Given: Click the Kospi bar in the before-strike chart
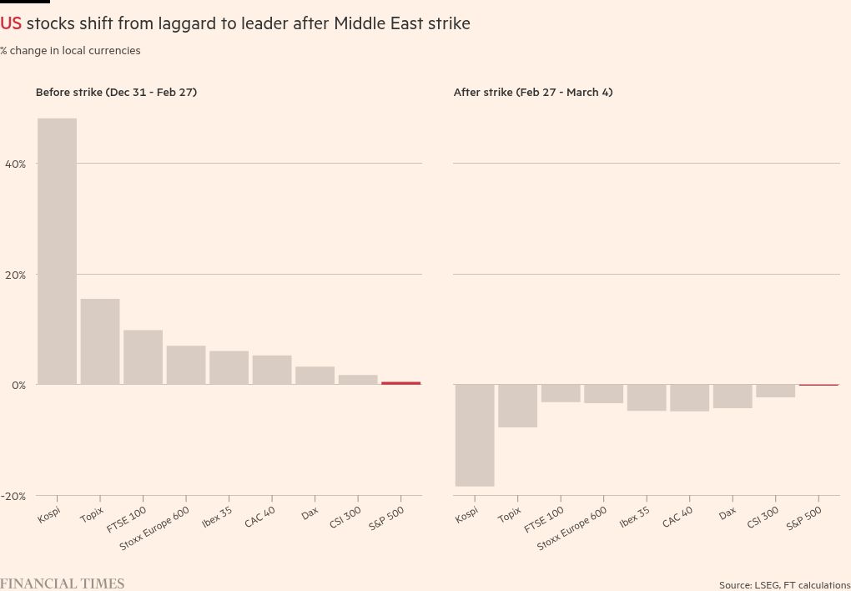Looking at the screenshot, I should click(x=57, y=250).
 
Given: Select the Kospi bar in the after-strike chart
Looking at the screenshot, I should click(x=475, y=435).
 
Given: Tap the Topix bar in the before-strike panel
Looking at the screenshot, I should click(x=100, y=341).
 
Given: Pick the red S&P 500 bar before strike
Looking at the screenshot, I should click(x=401, y=383).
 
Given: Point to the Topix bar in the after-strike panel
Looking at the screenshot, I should click(x=517, y=406).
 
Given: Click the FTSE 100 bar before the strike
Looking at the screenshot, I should click(x=143, y=357).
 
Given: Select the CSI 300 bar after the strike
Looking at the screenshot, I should click(x=775, y=391).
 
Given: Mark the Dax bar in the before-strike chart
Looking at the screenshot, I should click(x=315, y=376).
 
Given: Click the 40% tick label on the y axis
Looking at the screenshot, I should click(x=15, y=164).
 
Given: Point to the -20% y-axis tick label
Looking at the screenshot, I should click(x=13, y=496).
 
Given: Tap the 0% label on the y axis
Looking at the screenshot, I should click(x=18, y=386).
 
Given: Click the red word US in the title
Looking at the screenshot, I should click(x=11, y=23).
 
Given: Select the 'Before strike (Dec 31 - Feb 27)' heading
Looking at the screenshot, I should click(x=116, y=93).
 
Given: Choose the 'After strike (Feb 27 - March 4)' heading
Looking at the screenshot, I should click(x=533, y=93).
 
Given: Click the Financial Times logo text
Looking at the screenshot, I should click(x=63, y=583).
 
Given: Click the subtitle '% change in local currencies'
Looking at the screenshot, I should click(x=70, y=51).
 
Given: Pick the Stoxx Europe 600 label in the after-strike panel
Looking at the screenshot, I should click(x=572, y=528).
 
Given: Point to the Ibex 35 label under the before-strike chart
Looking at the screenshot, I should click(x=217, y=518).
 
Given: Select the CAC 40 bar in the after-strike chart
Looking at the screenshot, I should click(x=689, y=397).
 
